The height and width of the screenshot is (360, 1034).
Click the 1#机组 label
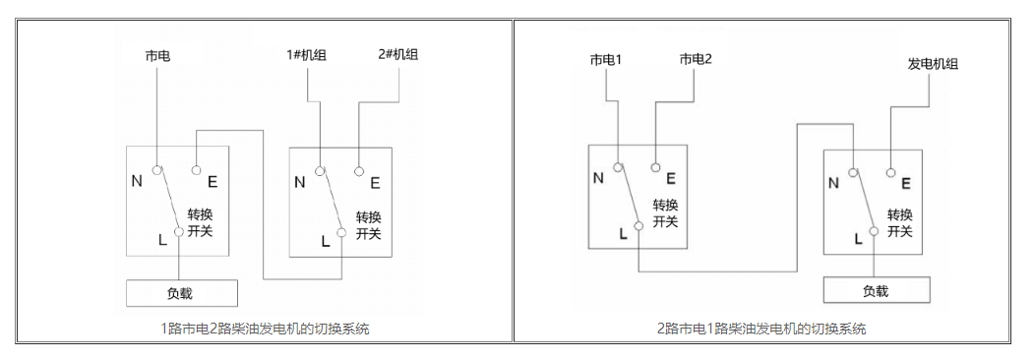pos(307,55)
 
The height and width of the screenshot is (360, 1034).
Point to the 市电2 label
pos(695,60)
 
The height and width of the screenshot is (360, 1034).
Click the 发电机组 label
pos(932,64)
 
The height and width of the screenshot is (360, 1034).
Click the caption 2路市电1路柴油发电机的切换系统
pos(760,329)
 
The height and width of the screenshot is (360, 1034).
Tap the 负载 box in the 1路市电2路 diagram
pos(182,292)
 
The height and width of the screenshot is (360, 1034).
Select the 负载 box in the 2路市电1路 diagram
pos(876,290)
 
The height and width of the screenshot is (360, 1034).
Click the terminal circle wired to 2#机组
pos(360,169)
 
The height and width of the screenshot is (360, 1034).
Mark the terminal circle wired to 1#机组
pos(321,170)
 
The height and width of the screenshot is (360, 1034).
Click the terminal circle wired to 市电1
pos(618,166)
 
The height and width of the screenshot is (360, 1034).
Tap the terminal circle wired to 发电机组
pos(891,172)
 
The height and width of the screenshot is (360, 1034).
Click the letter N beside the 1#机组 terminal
pos(299,182)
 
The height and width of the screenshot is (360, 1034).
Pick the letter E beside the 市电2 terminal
pos(670,178)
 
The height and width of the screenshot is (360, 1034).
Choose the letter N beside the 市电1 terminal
pos(597,178)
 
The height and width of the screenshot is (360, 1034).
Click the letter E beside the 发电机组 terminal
pos(905,183)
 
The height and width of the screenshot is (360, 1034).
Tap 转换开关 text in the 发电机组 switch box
pos(900,223)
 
